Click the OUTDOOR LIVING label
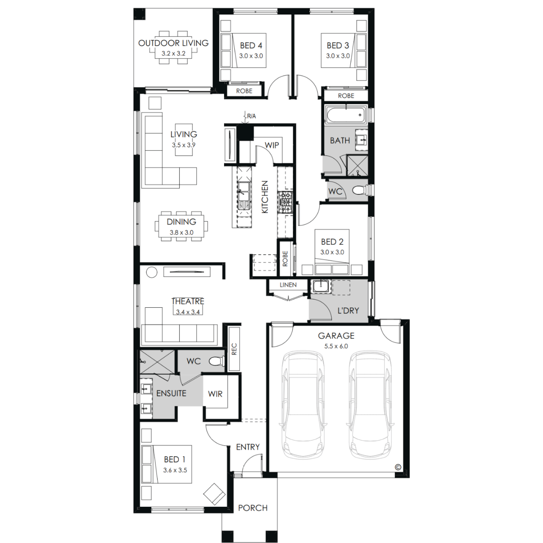point(173,43)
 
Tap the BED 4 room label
point(251,46)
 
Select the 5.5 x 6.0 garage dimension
point(336,346)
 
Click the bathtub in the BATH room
point(346,115)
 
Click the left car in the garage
point(303,405)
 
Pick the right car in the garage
point(370,405)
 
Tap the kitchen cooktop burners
point(285,203)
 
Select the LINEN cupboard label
point(288,285)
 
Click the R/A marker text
point(252,116)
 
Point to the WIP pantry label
point(271,145)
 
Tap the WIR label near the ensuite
point(215,394)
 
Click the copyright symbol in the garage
point(398,467)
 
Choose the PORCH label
point(253,508)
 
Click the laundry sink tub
point(320,286)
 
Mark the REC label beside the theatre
point(234,349)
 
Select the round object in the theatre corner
point(152,272)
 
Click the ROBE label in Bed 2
point(285,258)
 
